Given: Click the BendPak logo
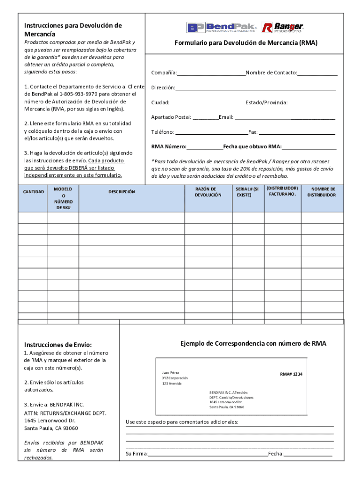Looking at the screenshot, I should [222, 28].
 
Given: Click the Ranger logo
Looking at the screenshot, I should [283, 28].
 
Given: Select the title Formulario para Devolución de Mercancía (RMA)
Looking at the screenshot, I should [246, 43].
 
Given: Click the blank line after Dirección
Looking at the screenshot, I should [255, 88].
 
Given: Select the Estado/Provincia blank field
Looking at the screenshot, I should [311, 103].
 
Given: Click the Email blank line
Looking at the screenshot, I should [284, 117].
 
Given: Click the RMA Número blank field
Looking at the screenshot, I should [205, 147].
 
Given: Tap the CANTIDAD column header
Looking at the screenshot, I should [33, 192].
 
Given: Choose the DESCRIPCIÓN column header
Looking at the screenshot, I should [122, 192].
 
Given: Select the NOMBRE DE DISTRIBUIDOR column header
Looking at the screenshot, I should [321, 192].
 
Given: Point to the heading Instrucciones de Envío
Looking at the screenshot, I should [58, 344].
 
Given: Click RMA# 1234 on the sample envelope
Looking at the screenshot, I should [291, 374].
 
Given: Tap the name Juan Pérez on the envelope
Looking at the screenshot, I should [171, 372].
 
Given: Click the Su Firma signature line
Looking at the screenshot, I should [208, 454].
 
